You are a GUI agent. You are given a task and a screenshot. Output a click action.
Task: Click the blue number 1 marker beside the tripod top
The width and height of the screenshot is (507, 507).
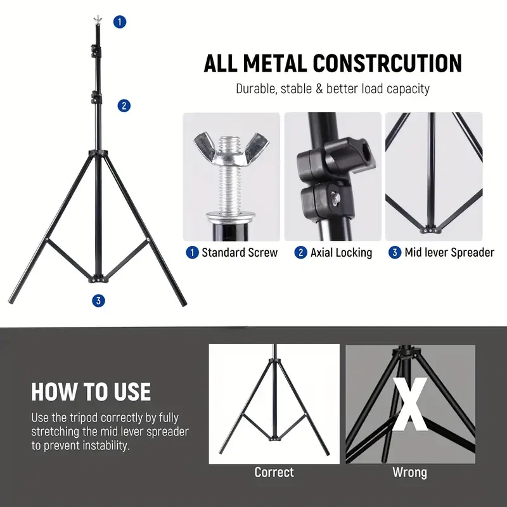tap(120, 22)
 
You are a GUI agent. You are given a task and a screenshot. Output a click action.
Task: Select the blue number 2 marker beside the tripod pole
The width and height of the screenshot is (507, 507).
tap(124, 106)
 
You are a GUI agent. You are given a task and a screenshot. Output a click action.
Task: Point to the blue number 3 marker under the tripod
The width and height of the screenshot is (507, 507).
tap(98, 301)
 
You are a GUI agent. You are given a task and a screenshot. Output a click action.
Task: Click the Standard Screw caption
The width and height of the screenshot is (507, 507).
tap(239, 253)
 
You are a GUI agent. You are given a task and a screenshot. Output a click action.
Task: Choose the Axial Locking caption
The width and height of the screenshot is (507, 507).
tap(341, 253)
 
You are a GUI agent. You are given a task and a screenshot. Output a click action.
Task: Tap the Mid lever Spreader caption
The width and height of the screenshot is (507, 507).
tap(449, 253)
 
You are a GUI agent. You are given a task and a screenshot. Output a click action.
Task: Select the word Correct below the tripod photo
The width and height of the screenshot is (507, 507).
tap(274, 472)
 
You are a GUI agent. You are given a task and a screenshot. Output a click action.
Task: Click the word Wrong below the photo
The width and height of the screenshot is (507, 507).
tap(409, 472)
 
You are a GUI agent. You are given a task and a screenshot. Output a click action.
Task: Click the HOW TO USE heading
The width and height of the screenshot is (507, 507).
tap(91, 392)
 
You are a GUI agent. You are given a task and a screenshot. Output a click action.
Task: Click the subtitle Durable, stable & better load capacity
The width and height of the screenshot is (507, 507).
tap(333, 89)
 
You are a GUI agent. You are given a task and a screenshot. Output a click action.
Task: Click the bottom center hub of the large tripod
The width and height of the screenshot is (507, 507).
tap(98, 277)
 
